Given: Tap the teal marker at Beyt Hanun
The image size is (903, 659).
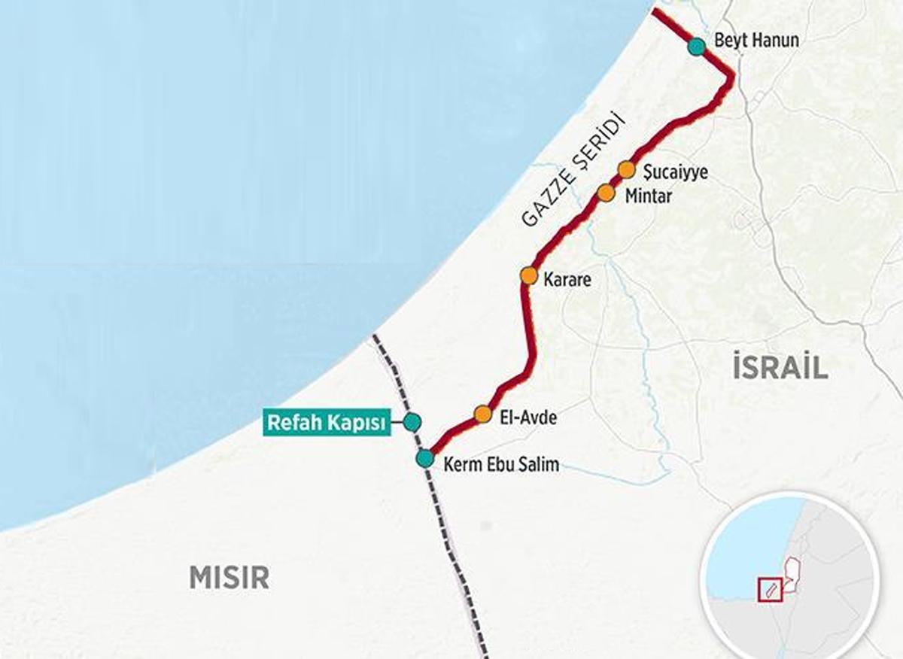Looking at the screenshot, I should [x=697, y=47].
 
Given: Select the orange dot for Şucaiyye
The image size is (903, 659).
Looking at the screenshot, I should [x=627, y=169].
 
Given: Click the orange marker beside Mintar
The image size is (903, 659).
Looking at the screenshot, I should [x=607, y=193].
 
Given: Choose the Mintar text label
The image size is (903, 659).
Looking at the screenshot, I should [x=648, y=196].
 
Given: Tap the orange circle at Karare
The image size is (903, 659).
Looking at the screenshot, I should [x=528, y=275].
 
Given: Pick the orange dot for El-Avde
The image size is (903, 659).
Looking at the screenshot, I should [x=483, y=414].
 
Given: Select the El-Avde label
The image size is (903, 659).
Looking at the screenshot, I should [x=528, y=417].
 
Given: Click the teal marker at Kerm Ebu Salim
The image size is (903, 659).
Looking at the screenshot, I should [x=425, y=458].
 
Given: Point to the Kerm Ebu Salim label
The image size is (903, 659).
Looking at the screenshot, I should [x=501, y=464].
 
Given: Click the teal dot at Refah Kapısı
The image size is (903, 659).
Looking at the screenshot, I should [x=411, y=421].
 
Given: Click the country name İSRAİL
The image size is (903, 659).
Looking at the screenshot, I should [x=780, y=367].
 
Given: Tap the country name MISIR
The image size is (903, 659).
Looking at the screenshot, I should [x=229, y=578].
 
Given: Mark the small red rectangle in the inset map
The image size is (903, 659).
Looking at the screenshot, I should [x=771, y=588].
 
